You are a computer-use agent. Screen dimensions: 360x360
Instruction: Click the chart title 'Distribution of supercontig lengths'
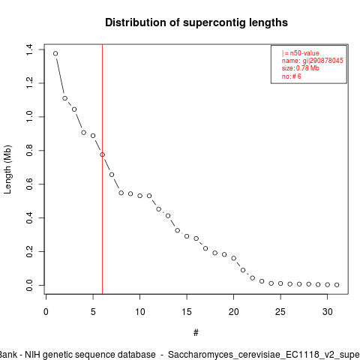(196, 22)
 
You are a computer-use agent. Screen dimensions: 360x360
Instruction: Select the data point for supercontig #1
(55, 53)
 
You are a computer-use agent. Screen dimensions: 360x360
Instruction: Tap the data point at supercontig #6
(103, 154)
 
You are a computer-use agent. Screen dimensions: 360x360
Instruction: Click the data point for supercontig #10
(140, 196)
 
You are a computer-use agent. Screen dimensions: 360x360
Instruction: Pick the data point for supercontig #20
(234, 258)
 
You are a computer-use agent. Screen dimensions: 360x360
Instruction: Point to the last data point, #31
(337, 285)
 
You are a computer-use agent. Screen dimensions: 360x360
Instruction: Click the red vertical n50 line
(103, 169)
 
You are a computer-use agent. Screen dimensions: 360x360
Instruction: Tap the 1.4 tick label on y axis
(29, 49)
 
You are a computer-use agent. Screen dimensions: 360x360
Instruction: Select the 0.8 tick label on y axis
(29, 151)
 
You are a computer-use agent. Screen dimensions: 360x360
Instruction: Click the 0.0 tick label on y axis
(29, 285)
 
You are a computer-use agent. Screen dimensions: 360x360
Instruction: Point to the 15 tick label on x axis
(187, 312)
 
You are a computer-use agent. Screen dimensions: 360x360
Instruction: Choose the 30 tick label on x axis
(328, 312)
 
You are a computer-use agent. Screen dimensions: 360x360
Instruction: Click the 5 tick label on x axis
(93, 312)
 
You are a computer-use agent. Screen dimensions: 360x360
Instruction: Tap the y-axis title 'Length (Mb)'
(8, 169)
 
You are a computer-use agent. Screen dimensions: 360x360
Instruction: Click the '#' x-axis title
(196, 333)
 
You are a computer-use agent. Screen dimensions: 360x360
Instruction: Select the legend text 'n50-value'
(304, 53)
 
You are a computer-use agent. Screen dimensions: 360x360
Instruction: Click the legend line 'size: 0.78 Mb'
(301, 68)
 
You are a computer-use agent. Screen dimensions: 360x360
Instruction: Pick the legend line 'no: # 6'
(292, 76)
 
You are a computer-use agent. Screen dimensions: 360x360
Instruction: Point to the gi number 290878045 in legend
(326, 61)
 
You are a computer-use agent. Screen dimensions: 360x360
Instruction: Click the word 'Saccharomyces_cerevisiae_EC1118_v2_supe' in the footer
(264, 355)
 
